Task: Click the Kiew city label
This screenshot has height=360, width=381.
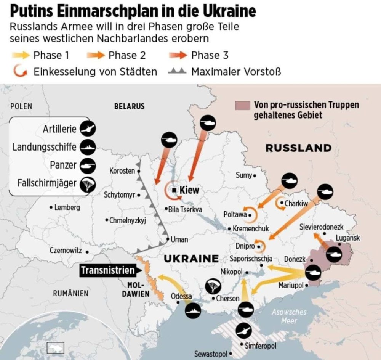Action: click(x=189, y=190)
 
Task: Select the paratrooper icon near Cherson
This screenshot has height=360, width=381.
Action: click(x=213, y=286)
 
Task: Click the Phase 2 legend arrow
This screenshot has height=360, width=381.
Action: click(x=96, y=56)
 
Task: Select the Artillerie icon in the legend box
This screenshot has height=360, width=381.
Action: click(x=88, y=129)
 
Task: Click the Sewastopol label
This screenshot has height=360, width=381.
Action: click(x=211, y=354)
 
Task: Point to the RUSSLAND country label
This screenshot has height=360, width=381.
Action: click(x=298, y=148)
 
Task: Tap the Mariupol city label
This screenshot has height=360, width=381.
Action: click(x=291, y=285)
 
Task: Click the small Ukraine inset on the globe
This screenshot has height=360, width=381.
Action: click(x=55, y=347)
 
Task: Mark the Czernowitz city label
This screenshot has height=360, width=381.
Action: click(x=66, y=251)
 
